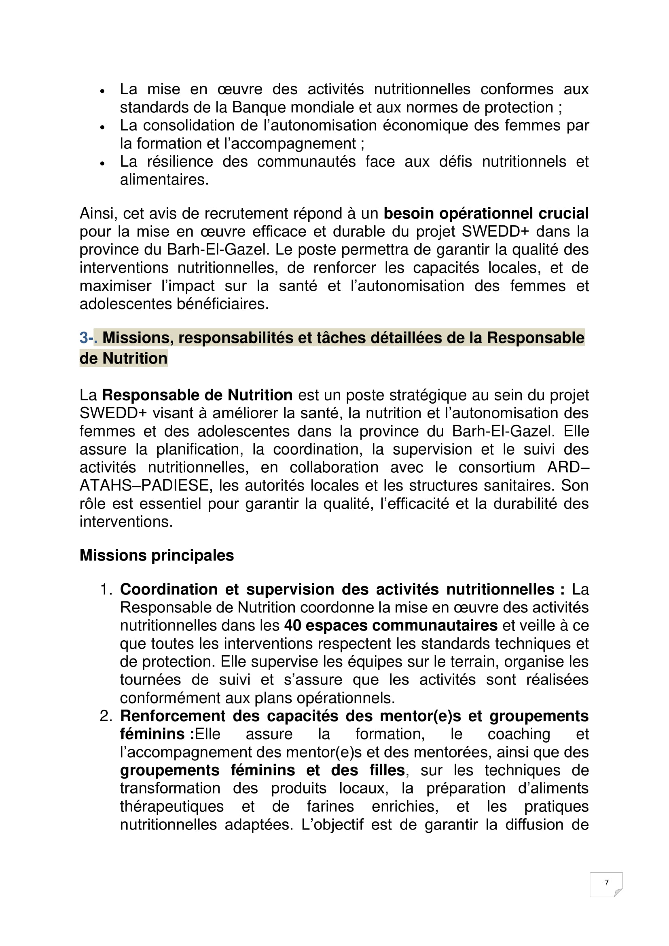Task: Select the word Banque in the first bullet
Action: [x=259, y=108]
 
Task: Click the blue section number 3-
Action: [x=87, y=338]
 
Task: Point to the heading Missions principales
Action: [x=157, y=555]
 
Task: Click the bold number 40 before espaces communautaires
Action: [x=292, y=625]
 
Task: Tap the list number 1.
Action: [x=106, y=590]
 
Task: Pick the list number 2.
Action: [x=106, y=716]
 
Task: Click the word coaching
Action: [x=519, y=734]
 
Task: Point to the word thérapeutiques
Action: [x=171, y=806]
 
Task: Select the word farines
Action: [x=330, y=806]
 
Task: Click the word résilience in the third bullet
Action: [x=180, y=161]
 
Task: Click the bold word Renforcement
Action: [x=173, y=716]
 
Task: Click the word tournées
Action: [x=150, y=680]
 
